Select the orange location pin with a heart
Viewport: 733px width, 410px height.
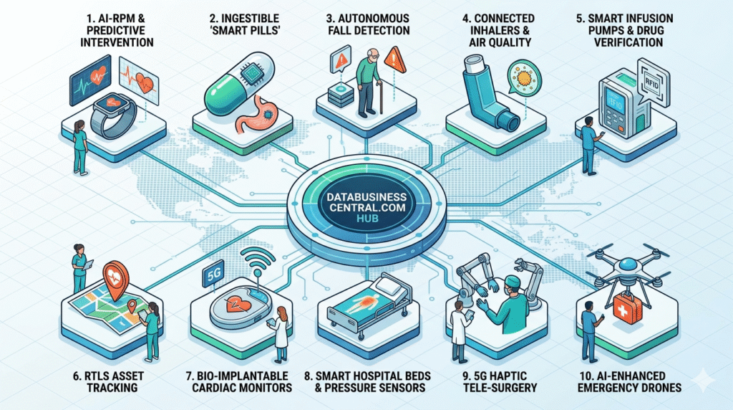114,280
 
